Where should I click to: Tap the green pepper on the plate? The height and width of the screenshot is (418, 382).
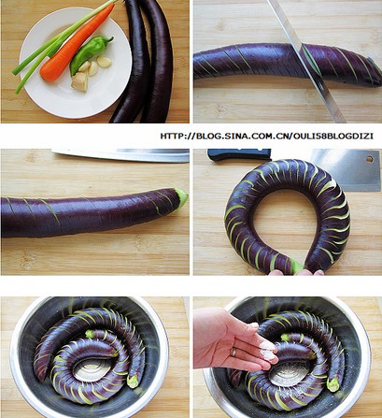point(90,53)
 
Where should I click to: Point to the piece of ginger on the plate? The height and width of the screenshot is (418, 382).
point(79,81)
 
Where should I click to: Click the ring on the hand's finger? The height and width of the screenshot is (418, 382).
point(233,352)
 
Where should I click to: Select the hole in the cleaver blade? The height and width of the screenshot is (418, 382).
point(370,159)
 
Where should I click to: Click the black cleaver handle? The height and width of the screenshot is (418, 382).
point(239,154)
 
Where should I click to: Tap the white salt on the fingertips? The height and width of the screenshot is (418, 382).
point(268,351)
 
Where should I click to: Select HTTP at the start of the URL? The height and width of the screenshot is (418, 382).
point(171,136)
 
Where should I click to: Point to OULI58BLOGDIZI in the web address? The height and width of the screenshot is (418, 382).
point(333,136)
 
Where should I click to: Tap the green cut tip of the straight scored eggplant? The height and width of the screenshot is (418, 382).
point(181,198)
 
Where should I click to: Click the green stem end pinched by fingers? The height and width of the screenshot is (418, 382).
point(295,267)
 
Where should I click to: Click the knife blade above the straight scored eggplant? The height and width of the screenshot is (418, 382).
point(120,155)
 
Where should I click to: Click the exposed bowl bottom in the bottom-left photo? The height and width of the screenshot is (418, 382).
point(91,369)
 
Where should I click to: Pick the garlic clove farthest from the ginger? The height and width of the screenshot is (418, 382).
point(105,62)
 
